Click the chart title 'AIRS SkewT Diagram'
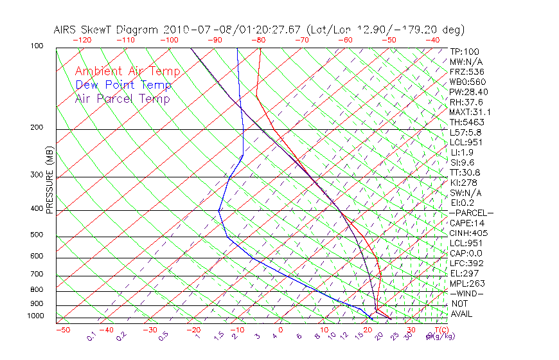click(x=107, y=30)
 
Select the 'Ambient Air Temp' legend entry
click(x=127, y=71)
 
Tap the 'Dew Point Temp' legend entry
click(x=123, y=85)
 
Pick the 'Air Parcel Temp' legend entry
click(x=122, y=99)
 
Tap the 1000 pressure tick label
click(x=36, y=316)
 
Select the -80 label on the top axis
click(x=258, y=39)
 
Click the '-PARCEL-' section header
click(x=471, y=213)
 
